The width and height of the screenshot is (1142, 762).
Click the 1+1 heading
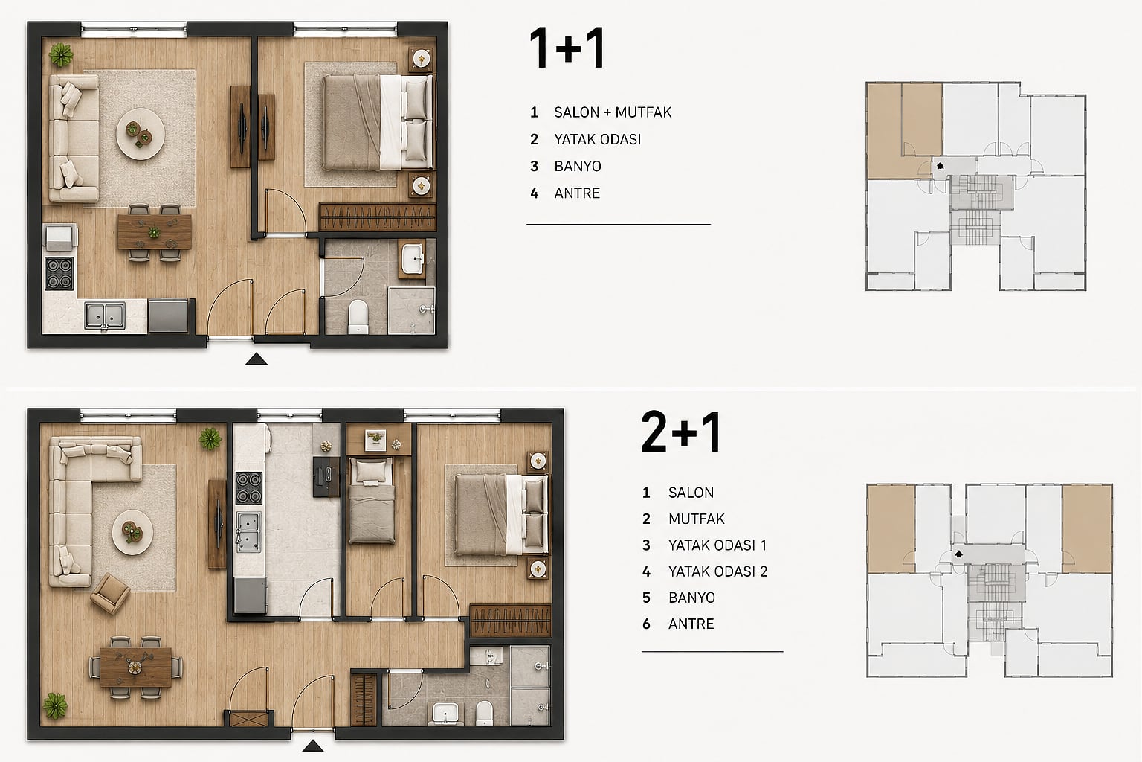pos(567,48)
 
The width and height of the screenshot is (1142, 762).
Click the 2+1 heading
pos(680,432)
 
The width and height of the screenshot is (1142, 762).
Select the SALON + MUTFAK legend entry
pos(613,112)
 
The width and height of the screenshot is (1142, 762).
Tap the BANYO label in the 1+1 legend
pos(578,167)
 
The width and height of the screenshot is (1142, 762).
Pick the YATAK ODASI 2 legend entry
pos(717,571)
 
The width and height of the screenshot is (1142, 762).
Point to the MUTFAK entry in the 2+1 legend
pos(697,519)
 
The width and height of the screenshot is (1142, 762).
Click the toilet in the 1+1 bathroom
pos(358,316)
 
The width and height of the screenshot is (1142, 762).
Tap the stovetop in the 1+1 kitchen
pos(59,273)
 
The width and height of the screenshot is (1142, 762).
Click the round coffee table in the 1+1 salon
pos(141,134)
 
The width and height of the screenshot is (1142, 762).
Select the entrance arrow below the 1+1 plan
pos(256,359)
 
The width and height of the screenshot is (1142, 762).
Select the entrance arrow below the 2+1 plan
pos(312,746)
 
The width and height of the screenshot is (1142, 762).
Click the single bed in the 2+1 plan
pos(372,500)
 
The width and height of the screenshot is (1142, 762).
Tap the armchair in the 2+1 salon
pos(109,593)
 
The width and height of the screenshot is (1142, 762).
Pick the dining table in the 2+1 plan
pos(135,667)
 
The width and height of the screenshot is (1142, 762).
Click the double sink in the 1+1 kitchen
pos(105,315)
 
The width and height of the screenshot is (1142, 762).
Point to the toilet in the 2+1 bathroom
pos(484,712)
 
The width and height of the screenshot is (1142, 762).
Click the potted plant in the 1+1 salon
pos(61,54)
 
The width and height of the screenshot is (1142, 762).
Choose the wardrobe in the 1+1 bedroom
pos(377,218)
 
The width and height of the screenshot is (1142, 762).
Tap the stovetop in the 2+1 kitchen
pos(249,488)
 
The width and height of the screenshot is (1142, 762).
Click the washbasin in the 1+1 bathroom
pos(413,259)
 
